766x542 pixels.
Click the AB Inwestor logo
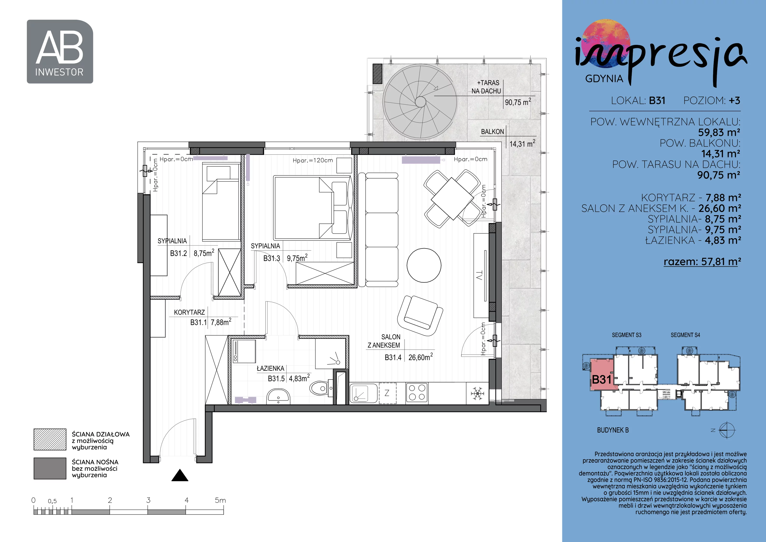[60, 52]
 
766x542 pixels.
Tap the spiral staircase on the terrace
[420, 102]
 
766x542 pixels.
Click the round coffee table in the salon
[424, 265]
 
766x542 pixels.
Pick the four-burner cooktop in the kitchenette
[417, 393]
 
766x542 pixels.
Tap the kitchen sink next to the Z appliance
[363, 393]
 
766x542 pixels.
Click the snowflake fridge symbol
[477, 393]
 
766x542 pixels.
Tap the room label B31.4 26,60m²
[409, 357]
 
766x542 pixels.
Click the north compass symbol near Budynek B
[727, 430]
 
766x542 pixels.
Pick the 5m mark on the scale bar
[220, 500]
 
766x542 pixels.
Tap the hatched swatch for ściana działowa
[50, 439]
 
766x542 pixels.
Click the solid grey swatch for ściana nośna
[50, 468]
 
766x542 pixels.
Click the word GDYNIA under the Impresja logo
[604, 79]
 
